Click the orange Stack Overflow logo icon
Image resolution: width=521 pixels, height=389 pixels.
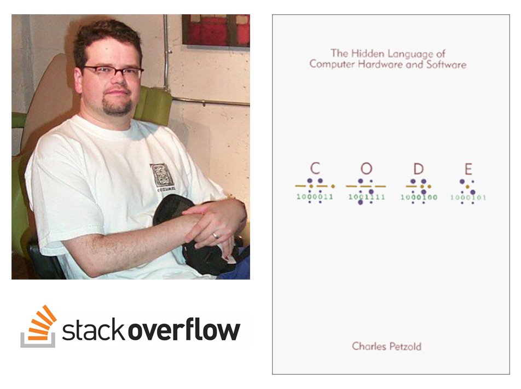(x=38, y=327)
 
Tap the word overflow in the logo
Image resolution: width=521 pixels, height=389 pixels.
(x=184, y=329)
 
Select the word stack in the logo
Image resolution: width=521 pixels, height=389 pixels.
(x=94, y=329)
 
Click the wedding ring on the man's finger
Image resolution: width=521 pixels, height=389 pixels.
(x=215, y=235)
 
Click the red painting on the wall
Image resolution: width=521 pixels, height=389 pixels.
(x=216, y=31)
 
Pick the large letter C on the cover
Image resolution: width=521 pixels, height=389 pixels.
(x=315, y=169)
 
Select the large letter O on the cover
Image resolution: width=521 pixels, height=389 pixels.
(x=366, y=169)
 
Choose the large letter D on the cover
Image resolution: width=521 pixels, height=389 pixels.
(x=418, y=169)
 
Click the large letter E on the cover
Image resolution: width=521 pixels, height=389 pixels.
(x=468, y=169)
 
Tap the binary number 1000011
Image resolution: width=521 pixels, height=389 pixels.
(x=315, y=196)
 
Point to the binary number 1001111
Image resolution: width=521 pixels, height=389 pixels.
(x=367, y=197)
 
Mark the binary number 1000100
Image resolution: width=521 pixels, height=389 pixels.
(x=419, y=198)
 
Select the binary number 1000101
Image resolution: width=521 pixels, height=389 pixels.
(x=468, y=198)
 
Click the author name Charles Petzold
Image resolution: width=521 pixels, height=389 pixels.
(x=386, y=346)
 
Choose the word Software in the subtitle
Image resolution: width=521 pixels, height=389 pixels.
(x=446, y=65)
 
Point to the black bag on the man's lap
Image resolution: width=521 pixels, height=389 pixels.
(x=199, y=233)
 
